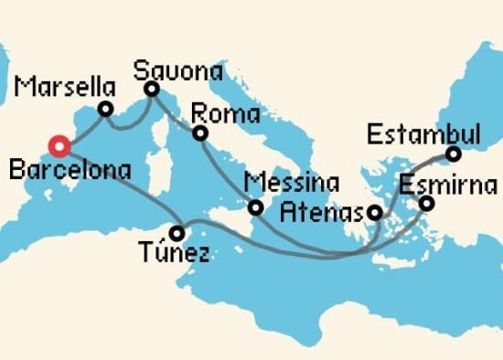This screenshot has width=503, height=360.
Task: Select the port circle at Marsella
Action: (106, 110)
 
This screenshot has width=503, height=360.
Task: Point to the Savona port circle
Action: (151, 90)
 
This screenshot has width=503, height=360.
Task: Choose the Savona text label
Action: (177, 70)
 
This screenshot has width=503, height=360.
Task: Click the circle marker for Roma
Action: (199, 134)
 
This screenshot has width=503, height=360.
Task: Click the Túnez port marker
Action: (177, 232)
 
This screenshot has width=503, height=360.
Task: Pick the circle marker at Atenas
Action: (375, 213)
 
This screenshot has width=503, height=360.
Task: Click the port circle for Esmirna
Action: (426, 203)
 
